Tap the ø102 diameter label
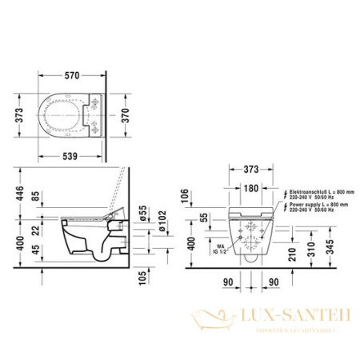pyautogui.click(x=162, y=223)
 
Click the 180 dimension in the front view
pyautogui.click(x=250, y=189)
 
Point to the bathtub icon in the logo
pyautogui.click(x=212, y=322)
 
